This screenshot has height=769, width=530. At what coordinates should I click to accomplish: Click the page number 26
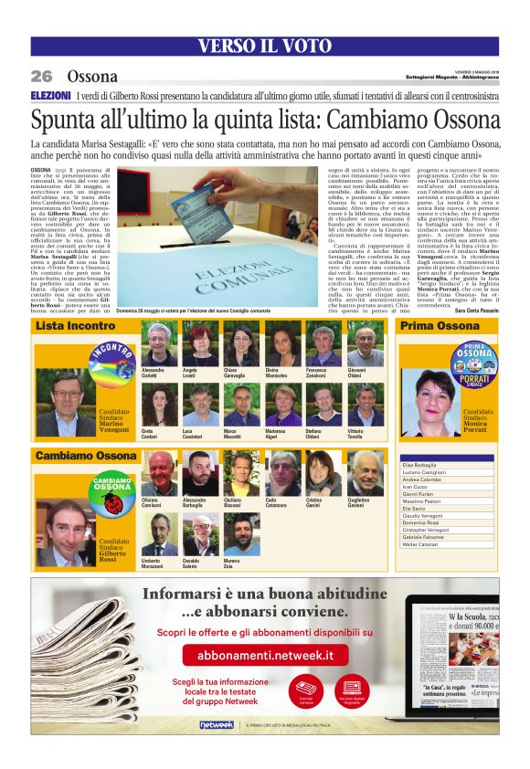coord(42,77)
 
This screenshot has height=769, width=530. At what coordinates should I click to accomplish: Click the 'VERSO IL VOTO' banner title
coord(263,47)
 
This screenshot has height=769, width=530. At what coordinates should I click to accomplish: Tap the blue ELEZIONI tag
coord(50,95)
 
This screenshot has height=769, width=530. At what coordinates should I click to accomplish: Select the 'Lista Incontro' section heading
coord(76,326)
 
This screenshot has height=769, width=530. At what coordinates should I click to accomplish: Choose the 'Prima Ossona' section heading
coord(440,326)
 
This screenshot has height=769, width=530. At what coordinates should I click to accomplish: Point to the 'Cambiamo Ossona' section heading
coord(86,455)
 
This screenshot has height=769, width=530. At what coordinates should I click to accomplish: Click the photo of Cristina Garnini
coord(323,473)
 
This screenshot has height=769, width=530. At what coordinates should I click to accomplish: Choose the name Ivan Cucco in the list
coord(417,489)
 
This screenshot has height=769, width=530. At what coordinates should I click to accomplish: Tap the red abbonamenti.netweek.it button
coord(264,655)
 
